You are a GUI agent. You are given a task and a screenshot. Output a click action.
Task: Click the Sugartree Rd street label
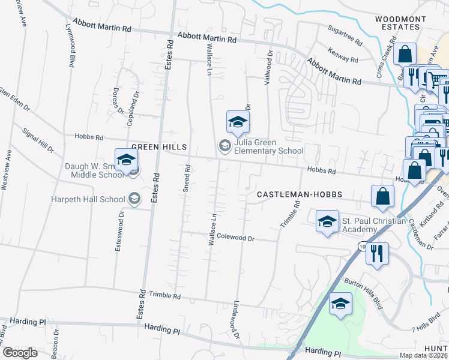(x=345, y=36)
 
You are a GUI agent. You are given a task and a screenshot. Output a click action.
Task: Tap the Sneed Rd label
(x=186, y=178)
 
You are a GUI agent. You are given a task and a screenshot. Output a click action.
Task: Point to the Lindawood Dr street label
(x=235, y=319)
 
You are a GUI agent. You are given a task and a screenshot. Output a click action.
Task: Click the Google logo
(x=20, y=353)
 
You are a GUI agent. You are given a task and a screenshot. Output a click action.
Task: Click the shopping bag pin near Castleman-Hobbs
(x=382, y=196)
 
